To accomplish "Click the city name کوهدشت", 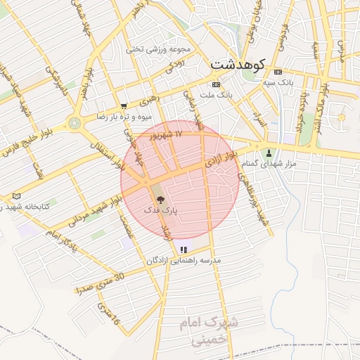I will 236,65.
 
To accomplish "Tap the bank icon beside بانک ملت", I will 206,84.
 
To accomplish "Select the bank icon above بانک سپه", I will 277,72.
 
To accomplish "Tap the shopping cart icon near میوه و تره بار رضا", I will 124,107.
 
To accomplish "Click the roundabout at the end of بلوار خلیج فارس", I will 75,123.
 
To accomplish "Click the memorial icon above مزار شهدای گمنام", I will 268,153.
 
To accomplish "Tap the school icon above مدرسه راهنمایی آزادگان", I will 184,250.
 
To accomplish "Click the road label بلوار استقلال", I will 106,151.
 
